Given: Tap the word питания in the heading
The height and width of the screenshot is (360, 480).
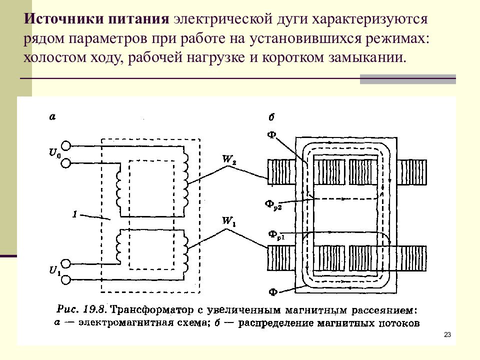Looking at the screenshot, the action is coord(138,19).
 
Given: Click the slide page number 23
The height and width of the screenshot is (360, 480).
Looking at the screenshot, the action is coord(447,334).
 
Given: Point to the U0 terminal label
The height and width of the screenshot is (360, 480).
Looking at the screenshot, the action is coord(55,152).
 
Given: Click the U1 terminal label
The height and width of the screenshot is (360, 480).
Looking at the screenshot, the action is coord(55,271).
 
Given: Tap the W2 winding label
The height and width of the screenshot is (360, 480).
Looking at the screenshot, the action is coord(229,159).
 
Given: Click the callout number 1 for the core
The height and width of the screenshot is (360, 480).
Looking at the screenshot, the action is coord(75,213).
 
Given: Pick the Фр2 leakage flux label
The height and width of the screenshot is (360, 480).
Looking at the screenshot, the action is coord(273,204).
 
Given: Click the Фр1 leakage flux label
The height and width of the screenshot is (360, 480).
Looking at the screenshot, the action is coord(276,235).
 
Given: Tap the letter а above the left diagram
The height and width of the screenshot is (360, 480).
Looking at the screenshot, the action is coord(52,116).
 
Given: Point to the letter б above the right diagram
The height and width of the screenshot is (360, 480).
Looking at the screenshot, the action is coord(271,117).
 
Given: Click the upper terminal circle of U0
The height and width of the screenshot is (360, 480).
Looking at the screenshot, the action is coord(65,145).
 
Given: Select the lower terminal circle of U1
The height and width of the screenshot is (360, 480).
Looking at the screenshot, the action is coord(65,280).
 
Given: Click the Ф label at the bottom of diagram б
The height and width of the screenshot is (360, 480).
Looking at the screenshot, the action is coord(273,292).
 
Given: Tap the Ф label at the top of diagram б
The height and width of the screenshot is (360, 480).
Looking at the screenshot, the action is coord(271,134).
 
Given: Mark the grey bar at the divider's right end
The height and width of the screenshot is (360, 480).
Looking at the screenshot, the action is coord(408,79).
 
